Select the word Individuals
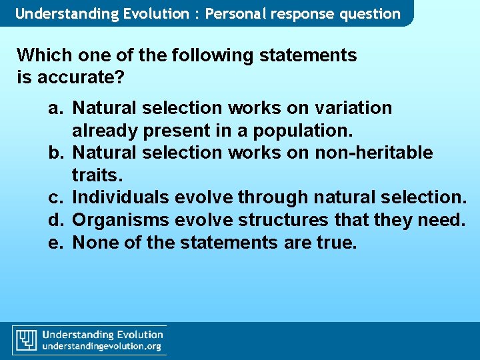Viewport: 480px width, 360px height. [121, 198]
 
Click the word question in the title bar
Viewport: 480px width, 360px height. [371, 13]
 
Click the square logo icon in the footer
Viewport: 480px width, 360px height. [26, 340]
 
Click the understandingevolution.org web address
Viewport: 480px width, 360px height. [102, 347]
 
